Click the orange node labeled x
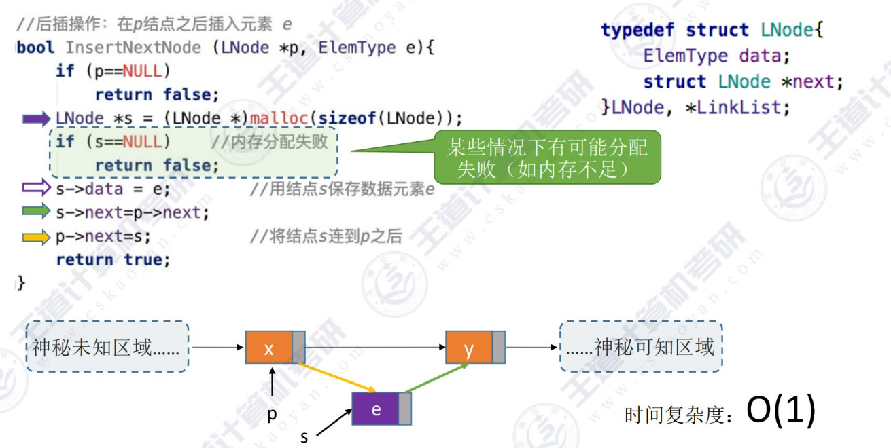269,348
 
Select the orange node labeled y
469,348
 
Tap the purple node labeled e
376,409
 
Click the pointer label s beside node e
304,436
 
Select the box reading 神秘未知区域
107,347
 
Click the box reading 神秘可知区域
641,347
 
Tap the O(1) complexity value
780,411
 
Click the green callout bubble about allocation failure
547,157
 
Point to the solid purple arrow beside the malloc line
37,119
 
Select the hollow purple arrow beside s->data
37,188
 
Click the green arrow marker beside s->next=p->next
37,212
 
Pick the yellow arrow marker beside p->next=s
37,237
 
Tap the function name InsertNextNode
133,48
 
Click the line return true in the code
113,259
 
